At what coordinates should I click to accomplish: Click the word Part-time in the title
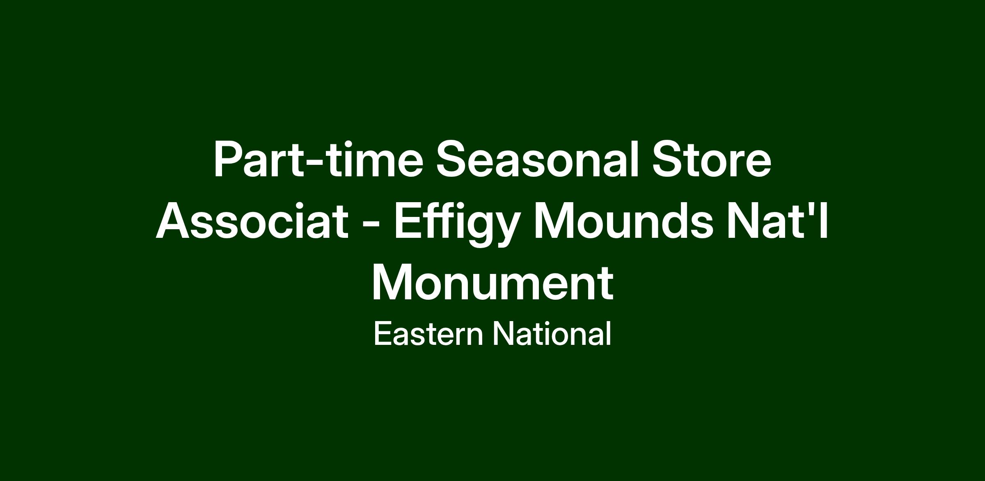(318, 159)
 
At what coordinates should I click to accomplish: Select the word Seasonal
(537, 159)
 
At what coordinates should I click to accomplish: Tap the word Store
(712, 159)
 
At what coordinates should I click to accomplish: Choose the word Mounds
(623, 221)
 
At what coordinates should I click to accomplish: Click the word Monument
(492, 283)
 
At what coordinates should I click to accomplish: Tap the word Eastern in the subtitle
(428, 333)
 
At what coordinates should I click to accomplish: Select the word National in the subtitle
(552, 333)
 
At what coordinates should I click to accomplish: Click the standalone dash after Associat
(371, 226)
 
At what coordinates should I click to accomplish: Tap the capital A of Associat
(174, 221)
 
